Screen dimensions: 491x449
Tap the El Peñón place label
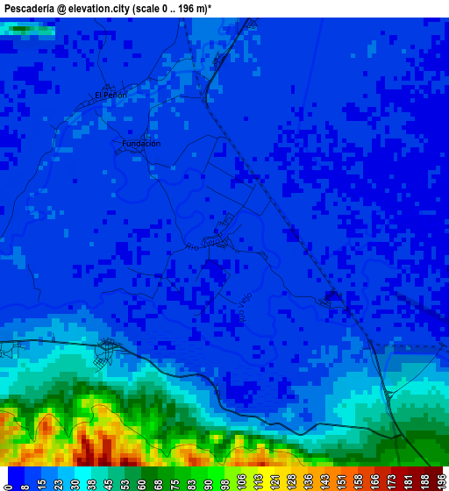(x=110, y=95)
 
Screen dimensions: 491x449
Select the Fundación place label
(x=141, y=143)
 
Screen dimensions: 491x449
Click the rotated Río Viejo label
(x=245, y=309)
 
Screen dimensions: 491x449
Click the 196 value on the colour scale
(x=441, y=480)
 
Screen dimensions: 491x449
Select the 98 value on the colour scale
(x=224, y=480)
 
